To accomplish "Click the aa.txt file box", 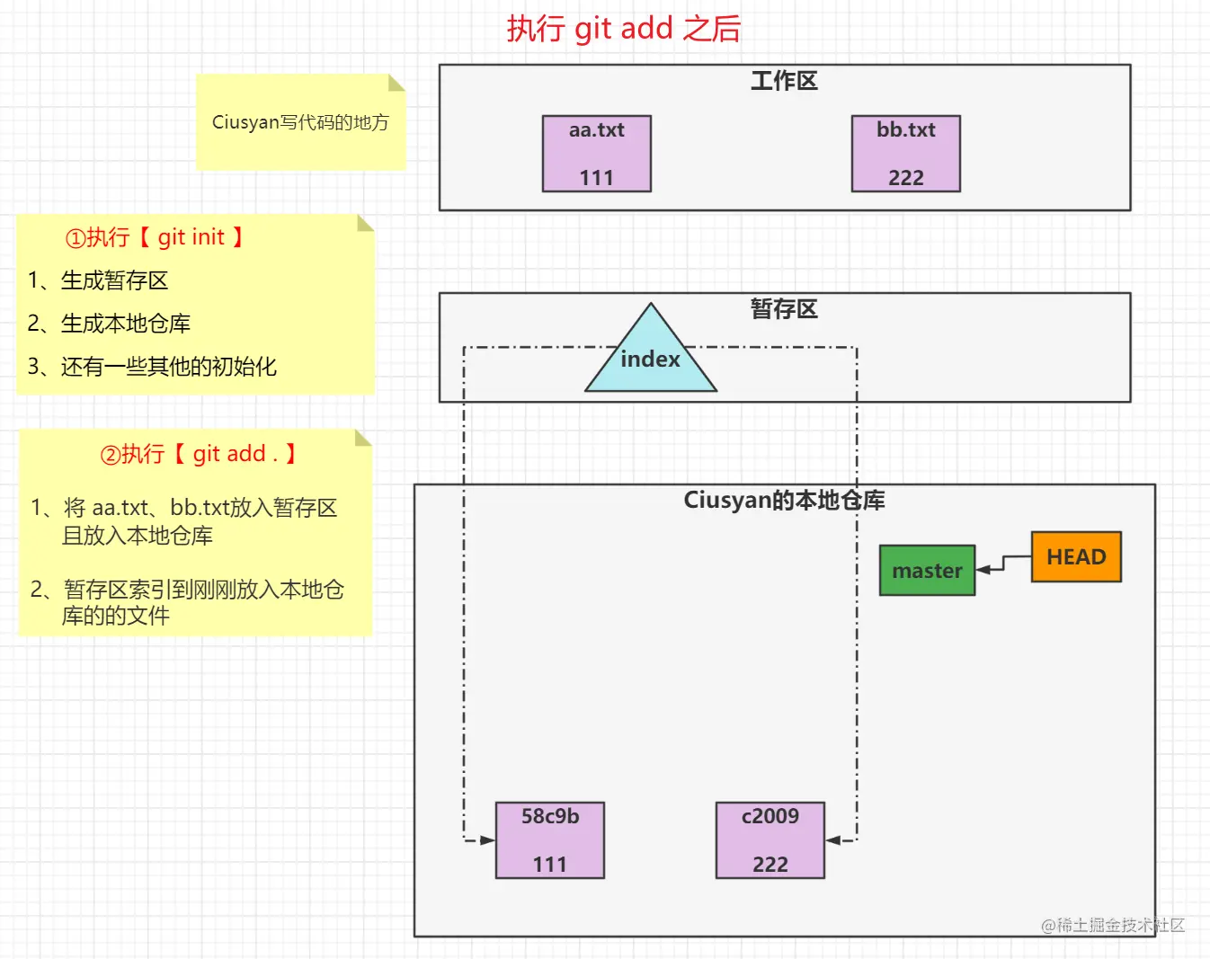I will (x=596, y=154).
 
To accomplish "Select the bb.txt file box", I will (x=905, y=154).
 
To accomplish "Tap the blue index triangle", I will (x=650, y=359).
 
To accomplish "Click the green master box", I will (x=927, y=571).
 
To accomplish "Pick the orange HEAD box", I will (x=1076, y=557).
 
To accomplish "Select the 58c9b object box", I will (x=549, y=840).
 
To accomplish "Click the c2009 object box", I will (x=770, y=840).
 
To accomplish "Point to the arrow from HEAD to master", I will (x=1003, y=564).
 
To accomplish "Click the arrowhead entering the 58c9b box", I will (x=487, y=840).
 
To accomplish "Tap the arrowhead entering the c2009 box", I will (x=833, y=840).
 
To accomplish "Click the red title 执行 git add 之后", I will (x=623, y=29).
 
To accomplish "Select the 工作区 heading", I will (x=784, y=81).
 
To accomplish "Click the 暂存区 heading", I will (x=784, y=309).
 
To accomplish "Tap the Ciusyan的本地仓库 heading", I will (x=784, y=501).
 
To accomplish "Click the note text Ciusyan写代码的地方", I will (x=300, y=122).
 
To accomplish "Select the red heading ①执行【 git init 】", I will (x=155, y=237).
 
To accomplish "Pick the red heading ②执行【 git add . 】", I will (x=198, y=454).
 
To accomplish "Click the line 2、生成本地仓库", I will (x=109, y=324).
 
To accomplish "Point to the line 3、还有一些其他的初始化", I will (x=152, y=367).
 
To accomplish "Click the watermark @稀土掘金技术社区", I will (x=1112, y=925).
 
